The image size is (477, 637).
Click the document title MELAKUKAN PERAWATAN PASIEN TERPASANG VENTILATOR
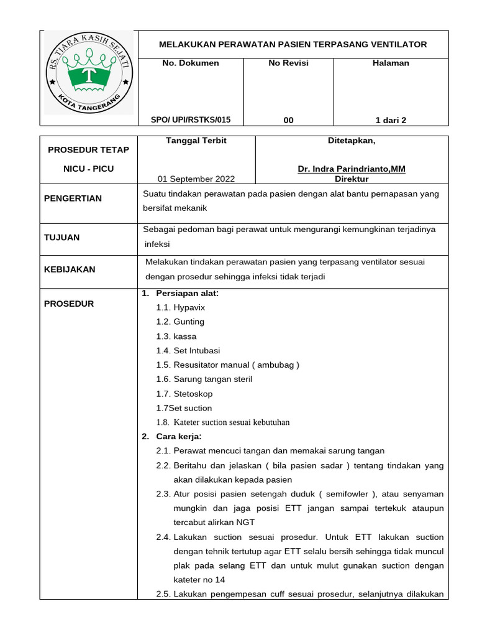point(293,44)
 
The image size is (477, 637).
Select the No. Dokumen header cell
point(190,63)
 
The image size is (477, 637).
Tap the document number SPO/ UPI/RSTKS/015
point(191,120)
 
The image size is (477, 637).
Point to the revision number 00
point(288,120)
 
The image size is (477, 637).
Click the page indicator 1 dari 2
point(391,120)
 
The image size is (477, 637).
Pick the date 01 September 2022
point(196,179)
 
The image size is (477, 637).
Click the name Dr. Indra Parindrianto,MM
point(352,169)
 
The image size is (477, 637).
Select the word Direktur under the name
point(352,179)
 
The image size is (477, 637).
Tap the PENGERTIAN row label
point(73,198)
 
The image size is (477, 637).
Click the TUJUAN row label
point(61,237)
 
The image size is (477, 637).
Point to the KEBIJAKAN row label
point(70,269)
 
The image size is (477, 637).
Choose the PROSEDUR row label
point(69,304)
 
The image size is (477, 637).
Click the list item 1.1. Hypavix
point(181,307)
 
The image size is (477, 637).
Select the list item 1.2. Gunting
point(180,322)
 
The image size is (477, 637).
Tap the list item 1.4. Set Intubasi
point(188,350)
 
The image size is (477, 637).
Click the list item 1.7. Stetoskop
point(184,394)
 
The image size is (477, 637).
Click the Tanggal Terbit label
point(196,141)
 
